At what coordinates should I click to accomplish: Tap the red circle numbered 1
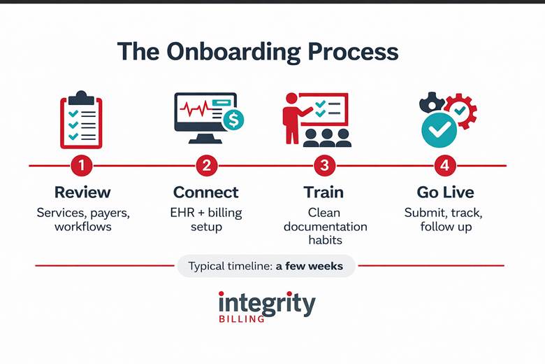click(82, 166)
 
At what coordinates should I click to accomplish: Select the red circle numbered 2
click(206, 166)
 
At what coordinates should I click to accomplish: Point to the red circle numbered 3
click(324, 166)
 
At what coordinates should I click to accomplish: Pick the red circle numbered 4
click(445, 166)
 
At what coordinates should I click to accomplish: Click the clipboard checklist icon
click(81, 120)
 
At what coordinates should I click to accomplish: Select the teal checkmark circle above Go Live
click(439, 129)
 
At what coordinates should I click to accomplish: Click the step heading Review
click(82, 192)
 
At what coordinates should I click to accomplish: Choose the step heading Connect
click(206, 192)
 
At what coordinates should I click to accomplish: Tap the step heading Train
click(324, 192)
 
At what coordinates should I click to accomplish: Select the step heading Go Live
click(445, 192)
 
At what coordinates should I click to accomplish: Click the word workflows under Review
click(84, 227)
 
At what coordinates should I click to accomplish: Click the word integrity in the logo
click(266, 302)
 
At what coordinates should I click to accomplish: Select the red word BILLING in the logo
click(241, 319)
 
